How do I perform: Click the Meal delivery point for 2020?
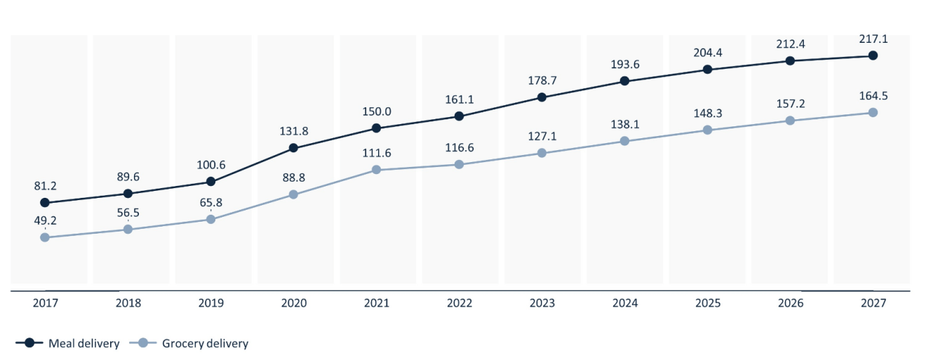point(294,148)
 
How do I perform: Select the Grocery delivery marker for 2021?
point(376,170)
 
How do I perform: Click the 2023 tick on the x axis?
point(542,304)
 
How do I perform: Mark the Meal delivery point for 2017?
point(45,203)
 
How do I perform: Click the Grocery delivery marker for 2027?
point(873,112)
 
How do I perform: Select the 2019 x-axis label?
point(211,304)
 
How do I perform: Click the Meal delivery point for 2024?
point(624,81)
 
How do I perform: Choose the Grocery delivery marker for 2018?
point(128,229)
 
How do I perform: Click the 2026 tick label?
point(790,304)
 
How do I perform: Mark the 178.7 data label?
point(542,80)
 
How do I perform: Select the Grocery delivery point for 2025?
point(707,130)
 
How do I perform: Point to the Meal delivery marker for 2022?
point(459,116)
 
